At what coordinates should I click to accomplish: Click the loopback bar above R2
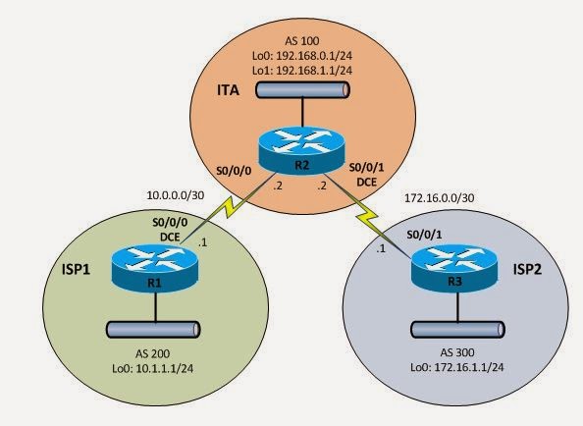[x=300, y=90]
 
